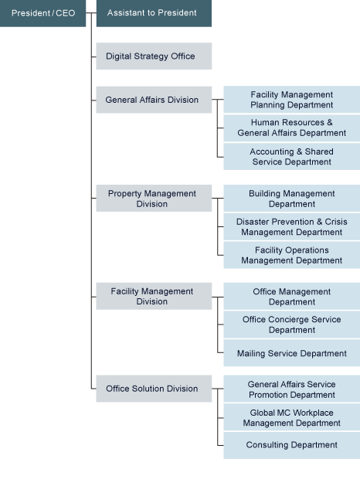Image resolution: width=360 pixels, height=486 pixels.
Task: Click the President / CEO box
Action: coord(42,13)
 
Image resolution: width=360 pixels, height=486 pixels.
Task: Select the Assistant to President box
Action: coord(154,13)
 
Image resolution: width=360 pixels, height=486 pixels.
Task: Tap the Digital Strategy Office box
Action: coord(154,56)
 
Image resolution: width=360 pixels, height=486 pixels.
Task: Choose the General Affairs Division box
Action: coord(154,100)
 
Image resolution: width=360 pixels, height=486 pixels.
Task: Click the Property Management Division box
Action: coord(154,199)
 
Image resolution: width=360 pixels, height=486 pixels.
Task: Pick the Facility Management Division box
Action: coord(154,296)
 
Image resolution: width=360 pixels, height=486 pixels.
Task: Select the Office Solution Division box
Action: coord(154,389)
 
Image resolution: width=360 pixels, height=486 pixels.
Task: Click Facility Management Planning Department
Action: coord(291,100)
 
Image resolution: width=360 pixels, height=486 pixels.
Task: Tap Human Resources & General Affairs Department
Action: coord(291,128)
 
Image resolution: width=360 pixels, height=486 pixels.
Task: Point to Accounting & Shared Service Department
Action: coord(291,157)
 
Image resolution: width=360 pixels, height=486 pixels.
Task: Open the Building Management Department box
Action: coord(291,199)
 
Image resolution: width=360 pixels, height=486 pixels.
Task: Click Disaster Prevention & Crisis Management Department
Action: coord(291,227)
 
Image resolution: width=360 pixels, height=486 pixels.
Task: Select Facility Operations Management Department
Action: coord(291,255)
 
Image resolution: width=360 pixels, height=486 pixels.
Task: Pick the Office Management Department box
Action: coord(291,296)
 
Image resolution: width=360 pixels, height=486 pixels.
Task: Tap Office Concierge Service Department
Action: coord(291,325)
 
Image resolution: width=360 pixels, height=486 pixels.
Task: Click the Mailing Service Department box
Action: coord(291,353)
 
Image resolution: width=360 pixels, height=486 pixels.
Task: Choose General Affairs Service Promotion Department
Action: coord(291,389)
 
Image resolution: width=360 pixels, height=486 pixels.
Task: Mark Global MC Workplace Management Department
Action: coord(291,417)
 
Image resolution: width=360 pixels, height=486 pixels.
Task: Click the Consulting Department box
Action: coord(291,445)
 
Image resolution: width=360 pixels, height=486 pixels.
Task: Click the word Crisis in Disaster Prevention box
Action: coord(336,222)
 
